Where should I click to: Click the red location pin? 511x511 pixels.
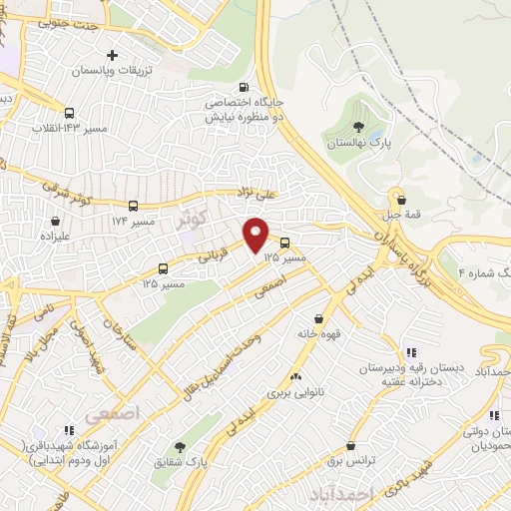tap(257, 234)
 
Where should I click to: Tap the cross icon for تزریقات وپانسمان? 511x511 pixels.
tap(113, 55)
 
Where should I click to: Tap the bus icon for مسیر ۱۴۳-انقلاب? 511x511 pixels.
tap(68, 113)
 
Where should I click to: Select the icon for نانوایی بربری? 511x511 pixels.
tap(294, 377)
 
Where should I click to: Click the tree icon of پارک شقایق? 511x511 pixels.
tap(180, 448)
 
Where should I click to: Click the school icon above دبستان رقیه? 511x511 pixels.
tap(410, 351)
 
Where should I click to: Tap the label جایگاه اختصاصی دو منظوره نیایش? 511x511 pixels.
tap(246, 109)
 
